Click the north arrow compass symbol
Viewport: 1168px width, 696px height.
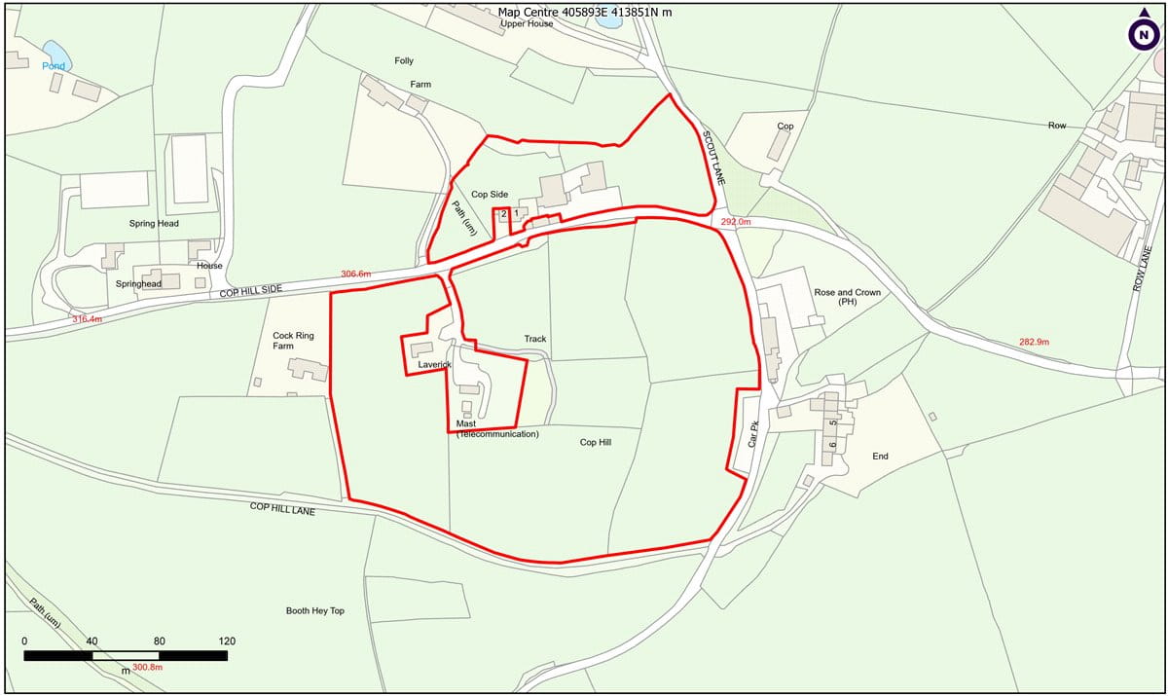[x=1143, y=34]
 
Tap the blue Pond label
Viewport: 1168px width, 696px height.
[x=54, y=66]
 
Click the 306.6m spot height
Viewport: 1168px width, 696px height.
[x=355, y=275]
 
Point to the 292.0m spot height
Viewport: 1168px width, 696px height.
[x=736, y=222]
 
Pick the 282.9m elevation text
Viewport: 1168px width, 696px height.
[x=1034, y=342]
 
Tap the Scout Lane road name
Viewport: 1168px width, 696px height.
[x=714, y=157]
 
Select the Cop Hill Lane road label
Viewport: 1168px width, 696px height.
[x=282, y=508]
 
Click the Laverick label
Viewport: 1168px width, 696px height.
[x=434, y=365]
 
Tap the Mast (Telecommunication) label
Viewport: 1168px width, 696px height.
[x=497, y=429]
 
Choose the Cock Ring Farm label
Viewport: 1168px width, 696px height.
[x=294, y=341]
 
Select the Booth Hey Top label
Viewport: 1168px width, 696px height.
[x=315, y=611]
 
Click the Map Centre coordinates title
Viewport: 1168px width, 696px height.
[x=584, y=13]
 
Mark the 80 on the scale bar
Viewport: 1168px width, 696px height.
[x=160, y=641]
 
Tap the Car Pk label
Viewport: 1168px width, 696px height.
[x=752, y=429]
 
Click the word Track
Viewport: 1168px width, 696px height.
[x=535, y=340]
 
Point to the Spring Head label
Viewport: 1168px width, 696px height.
[x=155, y=224]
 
